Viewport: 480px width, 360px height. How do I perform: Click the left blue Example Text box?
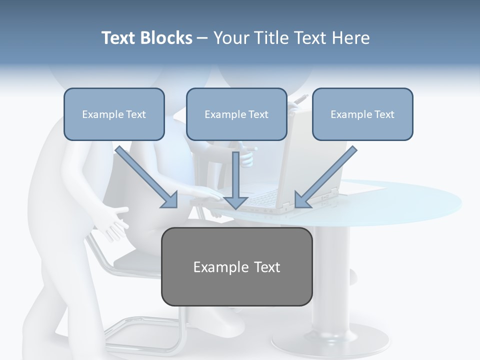click(114, 114)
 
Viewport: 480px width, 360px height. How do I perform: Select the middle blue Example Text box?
click(236, 114)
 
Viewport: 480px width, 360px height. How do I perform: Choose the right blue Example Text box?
click(362, 114)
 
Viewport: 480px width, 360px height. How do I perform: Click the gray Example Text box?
click(236, 266)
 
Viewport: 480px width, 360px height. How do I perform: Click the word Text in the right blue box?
click(384, 114)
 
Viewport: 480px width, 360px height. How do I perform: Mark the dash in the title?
click(203, 38)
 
